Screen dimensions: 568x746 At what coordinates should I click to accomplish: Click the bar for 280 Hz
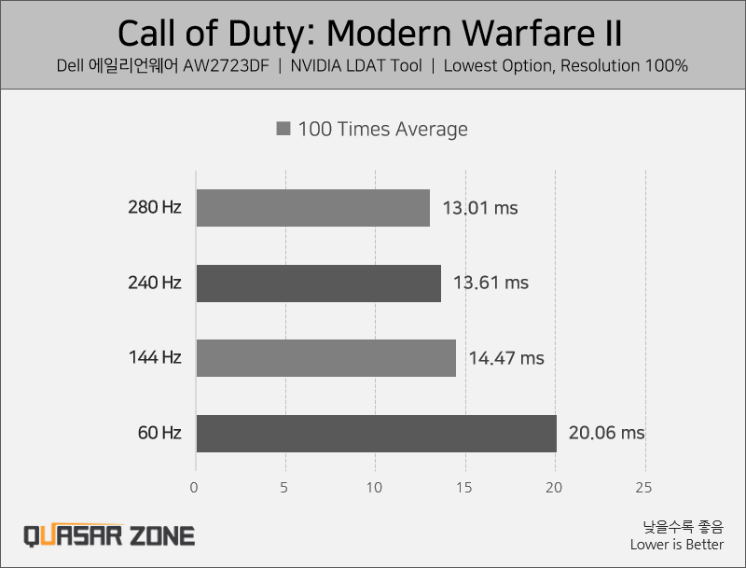312,208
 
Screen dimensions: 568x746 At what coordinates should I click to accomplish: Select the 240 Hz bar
318,283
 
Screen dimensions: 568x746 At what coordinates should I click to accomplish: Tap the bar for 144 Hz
325,358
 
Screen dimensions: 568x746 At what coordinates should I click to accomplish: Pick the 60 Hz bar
376,433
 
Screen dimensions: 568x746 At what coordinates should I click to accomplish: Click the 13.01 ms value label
480,208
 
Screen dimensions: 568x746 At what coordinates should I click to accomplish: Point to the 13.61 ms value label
490,283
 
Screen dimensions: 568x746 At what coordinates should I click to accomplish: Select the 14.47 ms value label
506,358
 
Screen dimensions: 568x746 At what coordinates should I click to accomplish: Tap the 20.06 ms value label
606,433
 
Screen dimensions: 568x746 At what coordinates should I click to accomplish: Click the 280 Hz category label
155,208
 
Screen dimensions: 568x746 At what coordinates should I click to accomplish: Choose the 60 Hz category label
160,433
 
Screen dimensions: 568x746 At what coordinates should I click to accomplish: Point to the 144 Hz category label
155,358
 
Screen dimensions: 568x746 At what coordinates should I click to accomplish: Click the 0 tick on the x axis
194,487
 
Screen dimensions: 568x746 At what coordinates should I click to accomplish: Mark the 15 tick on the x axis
464,487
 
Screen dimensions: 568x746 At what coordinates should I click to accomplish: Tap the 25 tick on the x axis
643,487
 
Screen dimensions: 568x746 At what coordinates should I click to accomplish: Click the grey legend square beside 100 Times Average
283,129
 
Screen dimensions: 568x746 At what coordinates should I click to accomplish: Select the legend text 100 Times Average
382,129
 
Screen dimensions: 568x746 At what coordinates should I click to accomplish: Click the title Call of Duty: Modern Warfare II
370,35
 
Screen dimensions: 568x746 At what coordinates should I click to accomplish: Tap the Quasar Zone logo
109,535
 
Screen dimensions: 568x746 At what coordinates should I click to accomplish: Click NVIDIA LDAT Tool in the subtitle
355,66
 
